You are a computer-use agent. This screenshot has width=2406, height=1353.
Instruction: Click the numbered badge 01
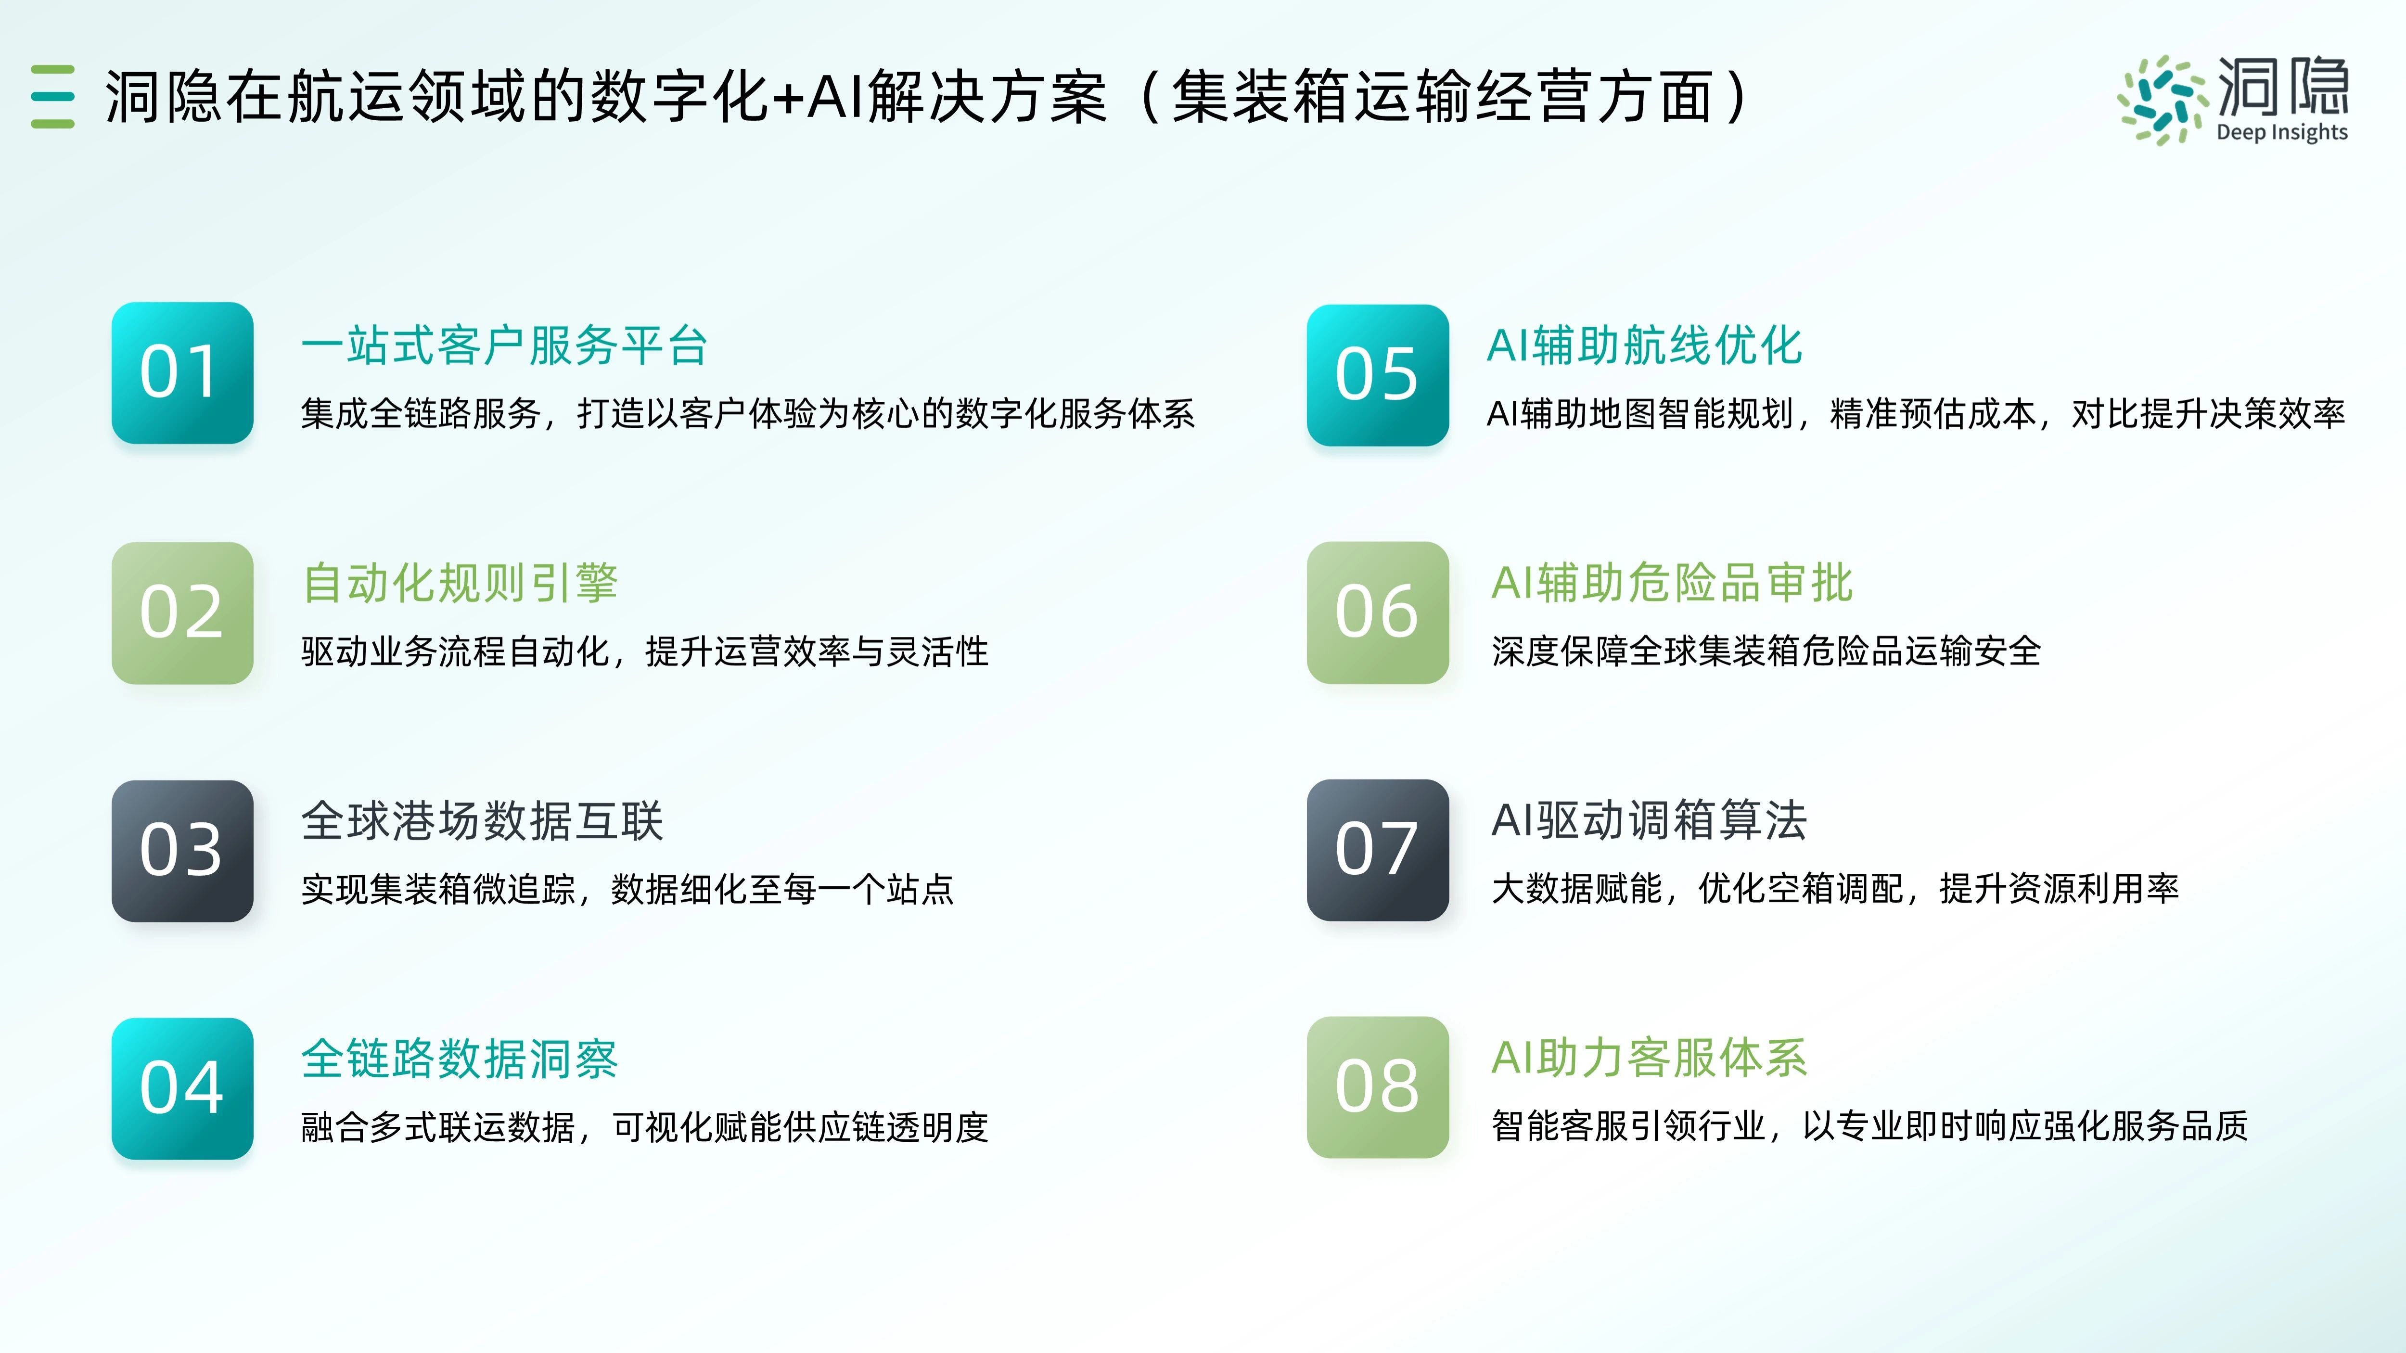(182, 372)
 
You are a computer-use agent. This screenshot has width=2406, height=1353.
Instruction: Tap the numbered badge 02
(182, 613)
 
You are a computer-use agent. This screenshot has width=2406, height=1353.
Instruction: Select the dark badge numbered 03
(182, 851)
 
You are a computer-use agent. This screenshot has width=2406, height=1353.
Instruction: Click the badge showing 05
(1378, 374)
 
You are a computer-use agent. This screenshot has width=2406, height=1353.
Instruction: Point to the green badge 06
(1378, 613)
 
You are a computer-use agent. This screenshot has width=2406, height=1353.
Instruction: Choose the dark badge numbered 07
(1378, 850)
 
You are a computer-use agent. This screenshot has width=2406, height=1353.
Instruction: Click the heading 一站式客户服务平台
(504, 345)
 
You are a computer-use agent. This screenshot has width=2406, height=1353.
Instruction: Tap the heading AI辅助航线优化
(1644, 345)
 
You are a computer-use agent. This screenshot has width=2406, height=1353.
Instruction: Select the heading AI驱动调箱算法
(1650, 821)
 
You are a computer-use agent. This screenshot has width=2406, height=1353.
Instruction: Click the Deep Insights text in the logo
(2282, 133)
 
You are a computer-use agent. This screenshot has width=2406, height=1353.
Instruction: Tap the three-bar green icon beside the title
(52, 96)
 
